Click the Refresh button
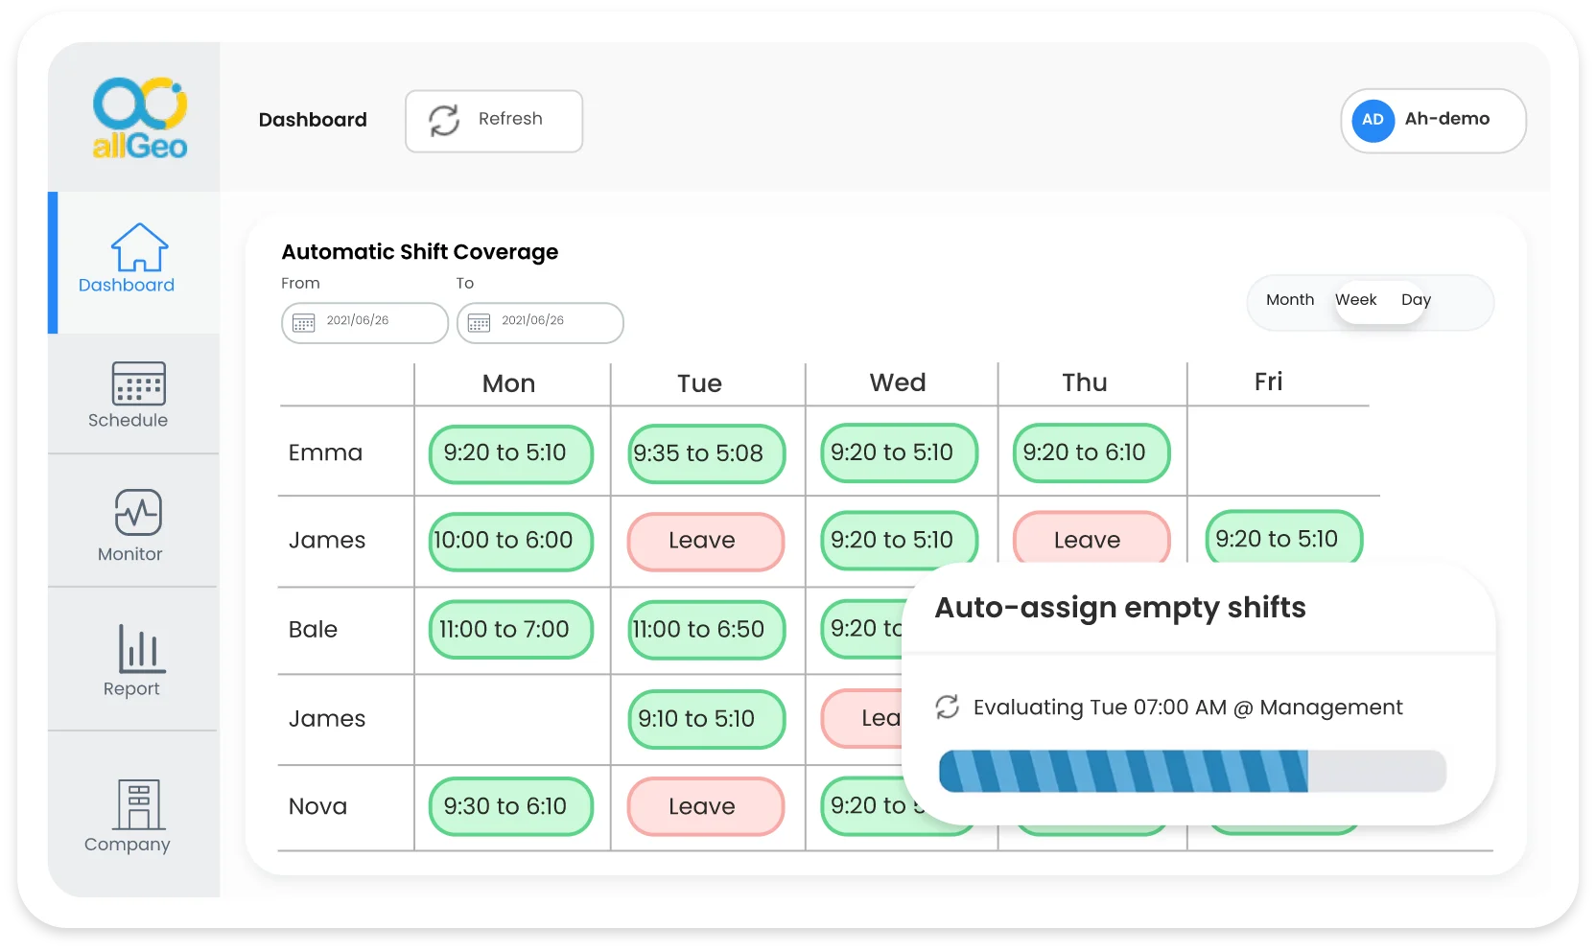(x=493, y=121)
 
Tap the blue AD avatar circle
(x=1373, y=121)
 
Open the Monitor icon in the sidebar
(x=138, y=512)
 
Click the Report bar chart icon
(x=141, y=649)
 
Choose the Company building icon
(x=138, y=803)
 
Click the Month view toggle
(x=1289, y=300)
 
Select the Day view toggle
(x=1415, y=300)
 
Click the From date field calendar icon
(x=304, y=323)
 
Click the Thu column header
(x=1084, y=383)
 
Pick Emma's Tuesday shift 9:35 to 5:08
(x=706, y=453)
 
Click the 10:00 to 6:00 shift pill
(x=510, y=541)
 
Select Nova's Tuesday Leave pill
(x=705, y=806)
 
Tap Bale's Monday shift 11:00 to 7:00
(x=510, y=630)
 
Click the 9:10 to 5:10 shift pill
(x=706, y=719)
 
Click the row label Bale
(x=313, y=630)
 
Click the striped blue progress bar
(x=1122, y=771)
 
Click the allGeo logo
(x=139, y=118)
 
